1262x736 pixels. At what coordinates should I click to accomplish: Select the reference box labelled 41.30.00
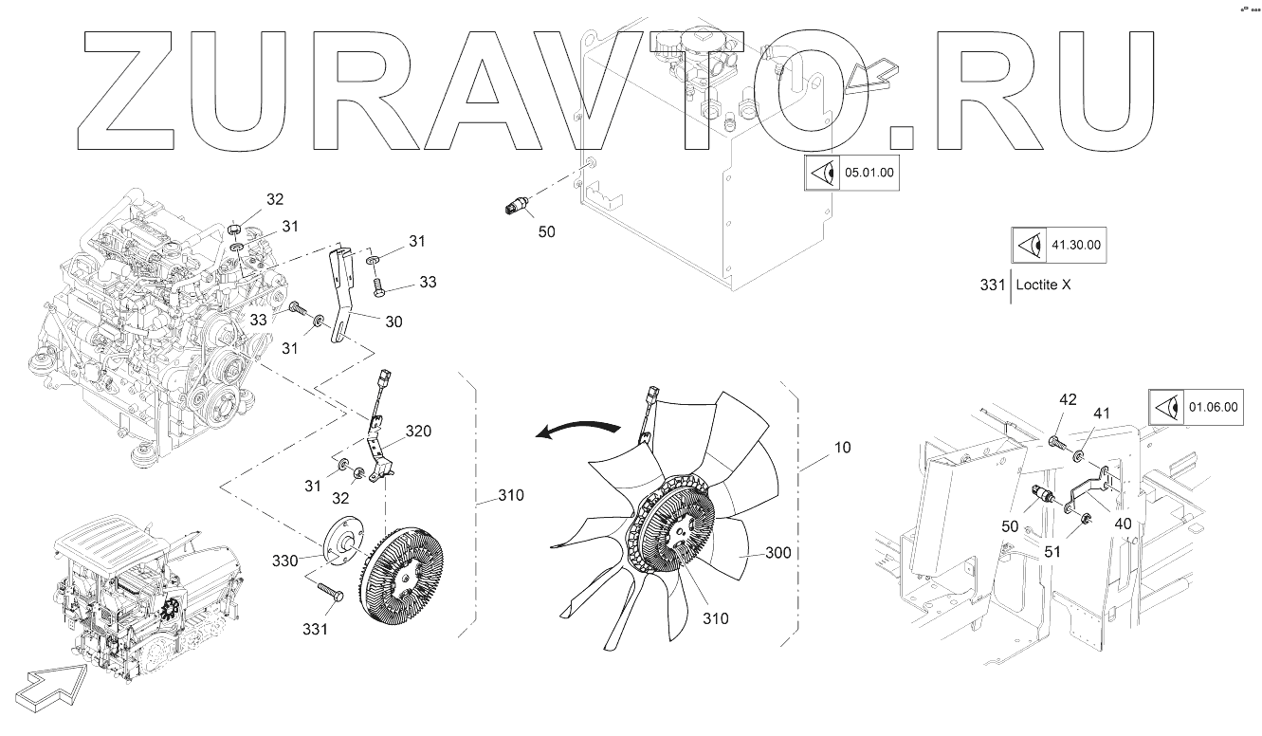(x=1058, y=245)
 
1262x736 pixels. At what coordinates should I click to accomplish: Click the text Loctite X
(x=1043, y=285)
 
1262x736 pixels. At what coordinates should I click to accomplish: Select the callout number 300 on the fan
(x=777, y=553)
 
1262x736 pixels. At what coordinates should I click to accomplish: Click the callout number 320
(x=418, y=432)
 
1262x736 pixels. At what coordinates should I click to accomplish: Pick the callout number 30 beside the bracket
(x=393, y=322)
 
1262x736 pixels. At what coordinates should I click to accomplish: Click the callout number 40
(x=1123, y=523)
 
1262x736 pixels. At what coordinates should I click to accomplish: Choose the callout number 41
(x=1102, y=414)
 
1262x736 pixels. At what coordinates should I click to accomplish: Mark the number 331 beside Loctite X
(x=991, y=285)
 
